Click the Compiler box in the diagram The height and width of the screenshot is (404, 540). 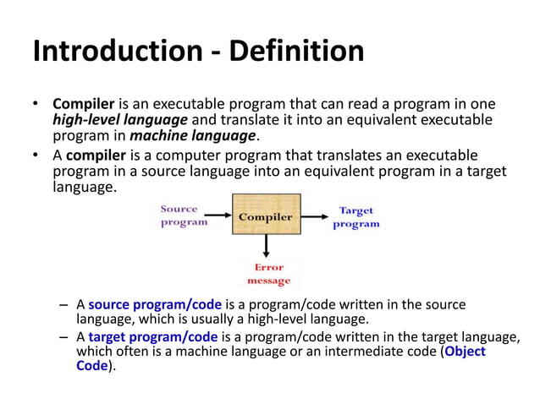(x=266, y=216)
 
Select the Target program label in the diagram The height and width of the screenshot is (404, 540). (x=356, y=217)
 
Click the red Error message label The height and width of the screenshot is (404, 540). (x=268, y=273)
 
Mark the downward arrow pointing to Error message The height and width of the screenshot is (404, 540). (x=267, y=247)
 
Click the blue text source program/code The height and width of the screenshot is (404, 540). (x=155, y=304)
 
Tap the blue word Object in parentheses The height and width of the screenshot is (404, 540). (x=465, y=352)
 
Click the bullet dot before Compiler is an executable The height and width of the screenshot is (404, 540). (x=36, y=105)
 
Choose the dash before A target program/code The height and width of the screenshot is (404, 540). (x=65, y=336)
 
